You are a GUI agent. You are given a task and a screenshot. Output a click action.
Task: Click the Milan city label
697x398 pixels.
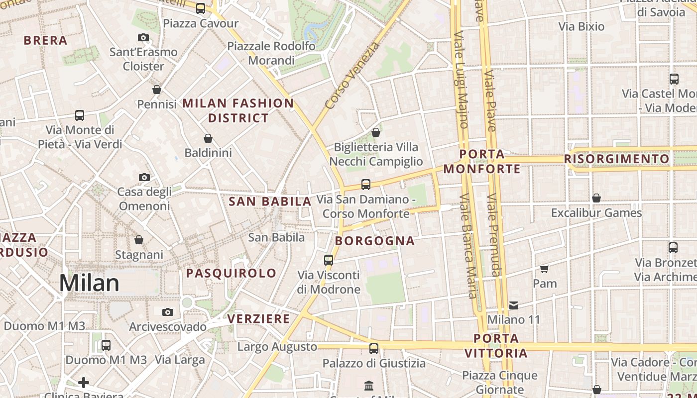90,283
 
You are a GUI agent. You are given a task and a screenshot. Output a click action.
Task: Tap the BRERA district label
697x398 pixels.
45,40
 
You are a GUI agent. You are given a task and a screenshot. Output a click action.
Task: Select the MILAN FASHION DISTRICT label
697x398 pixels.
238,110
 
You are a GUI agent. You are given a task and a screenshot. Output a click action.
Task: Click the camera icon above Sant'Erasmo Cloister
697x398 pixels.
143,37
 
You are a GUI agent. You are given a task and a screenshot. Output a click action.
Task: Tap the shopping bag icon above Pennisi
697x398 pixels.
157,90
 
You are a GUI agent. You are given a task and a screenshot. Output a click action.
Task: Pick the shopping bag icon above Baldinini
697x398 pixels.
208,138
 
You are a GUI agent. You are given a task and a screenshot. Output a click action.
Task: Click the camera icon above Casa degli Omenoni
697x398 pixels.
144,177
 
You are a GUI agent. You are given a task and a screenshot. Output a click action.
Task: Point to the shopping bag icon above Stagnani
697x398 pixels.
139,240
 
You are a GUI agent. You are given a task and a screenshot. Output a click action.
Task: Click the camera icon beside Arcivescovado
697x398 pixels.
168,312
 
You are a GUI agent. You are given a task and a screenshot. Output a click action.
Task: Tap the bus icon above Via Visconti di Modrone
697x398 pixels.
329,260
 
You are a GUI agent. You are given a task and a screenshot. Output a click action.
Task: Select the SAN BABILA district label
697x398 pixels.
270,201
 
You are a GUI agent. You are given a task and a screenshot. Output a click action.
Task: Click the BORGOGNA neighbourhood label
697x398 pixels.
375,241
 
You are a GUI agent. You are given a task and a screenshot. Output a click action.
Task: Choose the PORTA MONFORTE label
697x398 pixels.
482,162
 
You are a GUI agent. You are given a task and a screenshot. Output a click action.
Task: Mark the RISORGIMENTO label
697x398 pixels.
617,159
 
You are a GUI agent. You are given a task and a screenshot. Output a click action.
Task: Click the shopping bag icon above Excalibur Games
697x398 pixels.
596,198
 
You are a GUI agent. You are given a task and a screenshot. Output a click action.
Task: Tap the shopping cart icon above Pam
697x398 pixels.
545,269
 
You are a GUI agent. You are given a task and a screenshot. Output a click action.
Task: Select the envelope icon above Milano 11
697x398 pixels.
514,305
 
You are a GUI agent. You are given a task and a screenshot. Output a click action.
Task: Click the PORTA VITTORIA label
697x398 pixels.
496,346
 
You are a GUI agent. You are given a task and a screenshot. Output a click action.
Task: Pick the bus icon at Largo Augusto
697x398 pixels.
374,348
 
